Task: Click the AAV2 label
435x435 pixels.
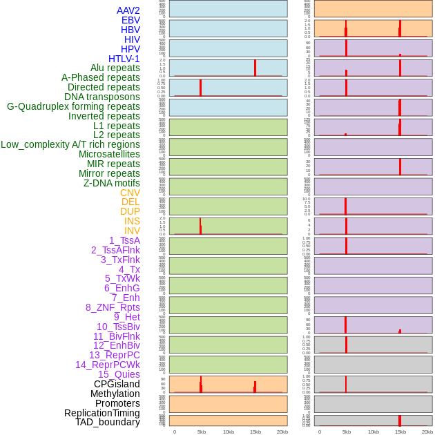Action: tap(128, 10)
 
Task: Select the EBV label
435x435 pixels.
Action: tap(130, 20)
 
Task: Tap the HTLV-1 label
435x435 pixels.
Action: tap(124, 59)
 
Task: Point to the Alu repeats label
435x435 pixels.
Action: tap(115, 68)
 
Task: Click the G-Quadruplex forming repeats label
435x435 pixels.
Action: tap(73, 106)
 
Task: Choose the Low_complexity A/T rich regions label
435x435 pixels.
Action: tap(70, 144)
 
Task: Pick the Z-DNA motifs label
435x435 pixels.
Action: tap(112, 183)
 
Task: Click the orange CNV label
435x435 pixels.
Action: tap(130, 193)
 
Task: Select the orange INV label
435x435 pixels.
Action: tap(132, 231)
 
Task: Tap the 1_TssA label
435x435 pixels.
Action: tap(124, 240)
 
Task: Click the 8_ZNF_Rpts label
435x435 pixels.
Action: tap(113, 307)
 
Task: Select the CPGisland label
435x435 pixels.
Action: tap(117, 384)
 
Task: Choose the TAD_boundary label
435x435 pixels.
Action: tap(108, 422)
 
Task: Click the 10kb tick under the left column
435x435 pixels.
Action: tap(229, 432)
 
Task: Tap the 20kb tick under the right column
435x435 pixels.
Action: tap(427, 432)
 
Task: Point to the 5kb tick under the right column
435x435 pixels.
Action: tap(347, 432)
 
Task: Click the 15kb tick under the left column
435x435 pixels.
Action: tap(255, 432)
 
